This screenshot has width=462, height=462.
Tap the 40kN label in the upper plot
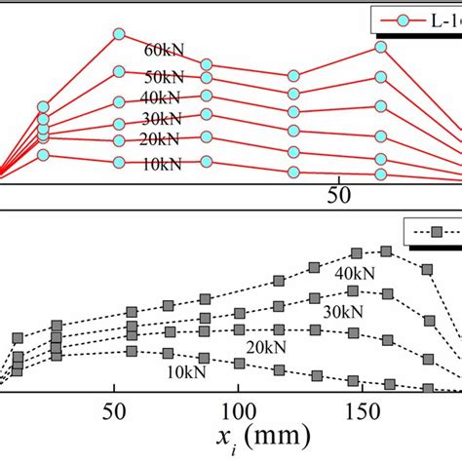click(x=163, y=98)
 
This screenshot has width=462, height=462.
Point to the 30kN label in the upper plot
click(x=163, y=121)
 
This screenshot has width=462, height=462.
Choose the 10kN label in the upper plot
click(x=163, y=165)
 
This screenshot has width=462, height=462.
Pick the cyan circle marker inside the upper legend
click(x=403, y=19)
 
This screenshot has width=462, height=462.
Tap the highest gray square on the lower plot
click(x=386, y=251)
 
